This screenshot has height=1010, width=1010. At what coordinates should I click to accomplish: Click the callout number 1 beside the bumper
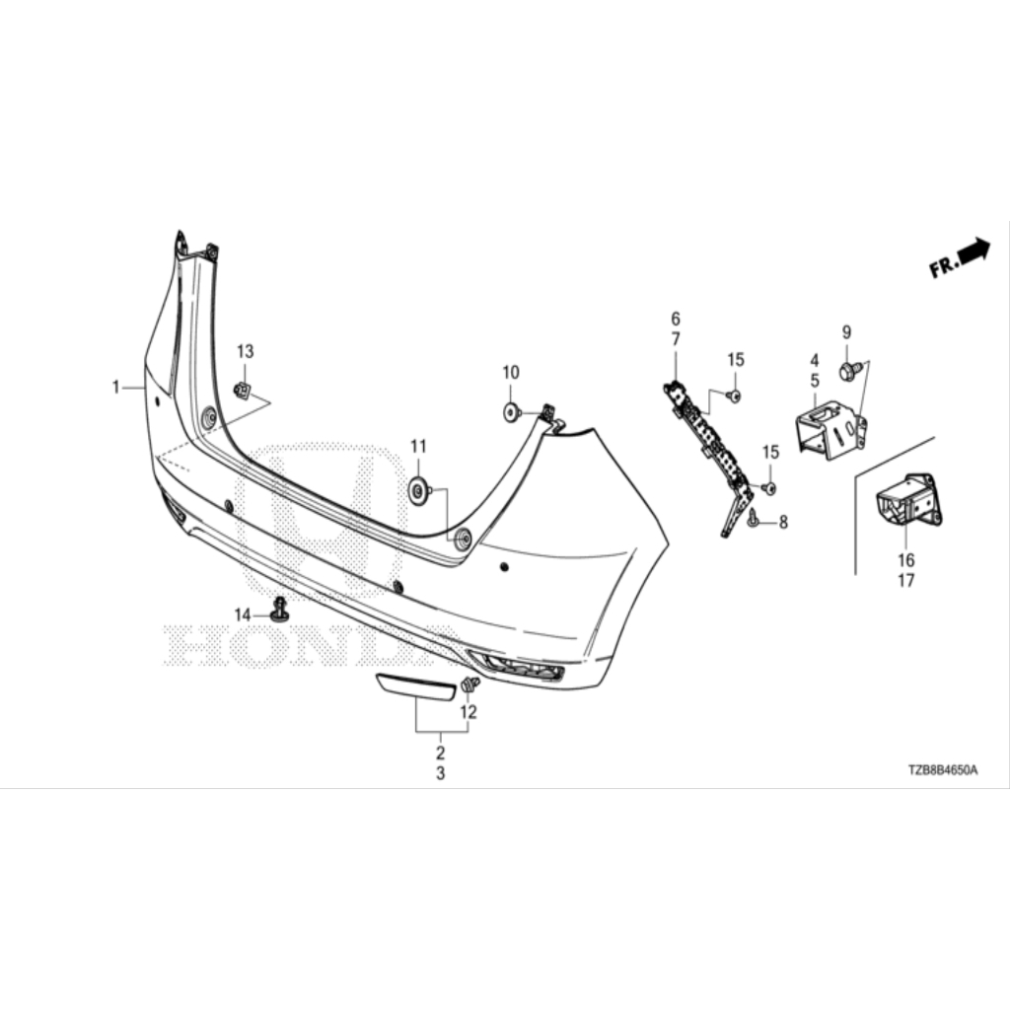(115, 387)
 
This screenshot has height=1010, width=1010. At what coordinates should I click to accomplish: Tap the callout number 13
(245, 352)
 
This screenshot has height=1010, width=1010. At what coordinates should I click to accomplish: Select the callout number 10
(510, 373)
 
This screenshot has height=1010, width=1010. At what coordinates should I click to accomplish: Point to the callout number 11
(417, 446)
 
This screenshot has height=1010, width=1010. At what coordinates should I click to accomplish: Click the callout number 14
(243, 615)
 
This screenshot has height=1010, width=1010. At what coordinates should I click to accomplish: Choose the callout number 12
(469, 711)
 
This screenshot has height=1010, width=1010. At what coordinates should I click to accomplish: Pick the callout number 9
(846, 332)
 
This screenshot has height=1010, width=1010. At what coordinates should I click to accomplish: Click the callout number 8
(783, 523)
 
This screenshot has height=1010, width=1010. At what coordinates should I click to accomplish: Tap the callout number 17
(905, 581)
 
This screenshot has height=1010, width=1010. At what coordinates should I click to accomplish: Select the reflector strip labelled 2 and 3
(414, 687)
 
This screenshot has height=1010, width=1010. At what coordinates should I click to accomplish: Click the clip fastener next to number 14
(280, 611)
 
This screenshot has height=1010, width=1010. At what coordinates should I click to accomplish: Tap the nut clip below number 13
(243, 391)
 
